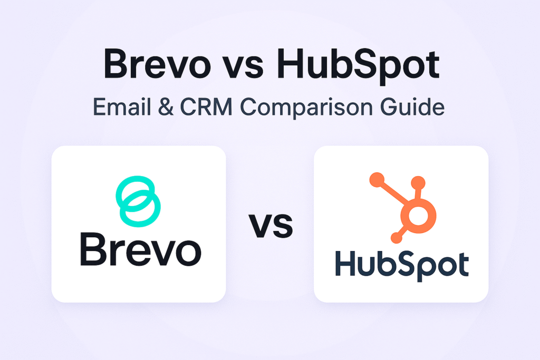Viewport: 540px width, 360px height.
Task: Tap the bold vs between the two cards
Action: [x=270, y=225]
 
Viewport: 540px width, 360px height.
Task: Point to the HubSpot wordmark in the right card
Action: [x=401, y=265]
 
